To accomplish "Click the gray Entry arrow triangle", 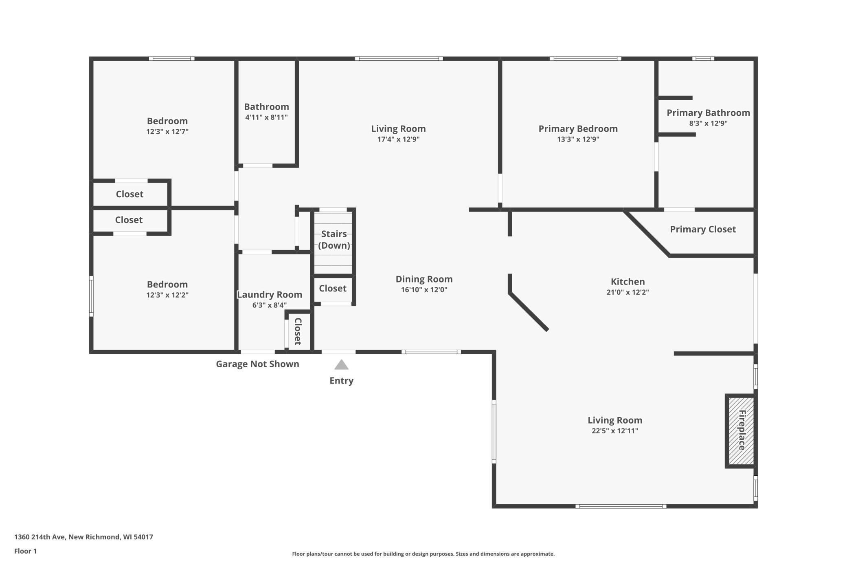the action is [341, 365].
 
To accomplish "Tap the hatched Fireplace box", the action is [741, 430].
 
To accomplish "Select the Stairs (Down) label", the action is [334, 239].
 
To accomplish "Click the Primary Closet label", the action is [703, 229].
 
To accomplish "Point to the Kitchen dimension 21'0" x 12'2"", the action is [628, 292].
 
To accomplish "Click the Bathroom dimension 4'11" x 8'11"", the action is [266, 117].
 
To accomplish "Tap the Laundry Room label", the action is [270, 294].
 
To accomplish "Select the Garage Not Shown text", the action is [257, 364].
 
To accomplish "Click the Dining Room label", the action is [424, 279].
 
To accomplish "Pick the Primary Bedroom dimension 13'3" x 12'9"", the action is [578, 139].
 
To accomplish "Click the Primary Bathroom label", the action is [708, 113].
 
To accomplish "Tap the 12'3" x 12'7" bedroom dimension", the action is [167, 131].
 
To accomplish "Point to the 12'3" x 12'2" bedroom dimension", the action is [167, 295].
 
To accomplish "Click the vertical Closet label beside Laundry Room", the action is [298, 331].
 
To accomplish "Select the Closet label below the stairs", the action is [333, 288].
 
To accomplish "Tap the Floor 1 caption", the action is [25, 551].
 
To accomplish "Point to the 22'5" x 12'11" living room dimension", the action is [615, 430].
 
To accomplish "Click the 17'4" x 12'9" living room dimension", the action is [398, 139].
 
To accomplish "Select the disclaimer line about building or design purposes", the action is [423, 554].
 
